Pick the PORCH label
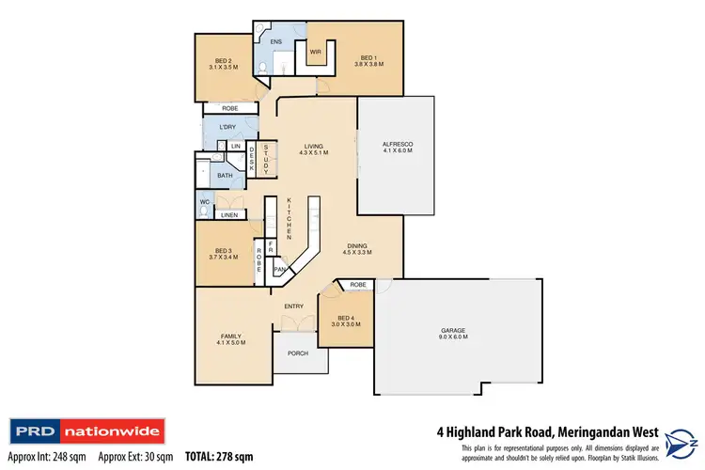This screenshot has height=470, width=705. (x=298, y=353)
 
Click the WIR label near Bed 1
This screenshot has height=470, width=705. (x=316, y=53)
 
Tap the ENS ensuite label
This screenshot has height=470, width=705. (x=276, y=42)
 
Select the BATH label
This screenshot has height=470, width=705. (x=226, y=175)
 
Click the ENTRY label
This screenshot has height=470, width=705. (x=291, y=306)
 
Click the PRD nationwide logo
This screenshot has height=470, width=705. (x=87, y=433)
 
